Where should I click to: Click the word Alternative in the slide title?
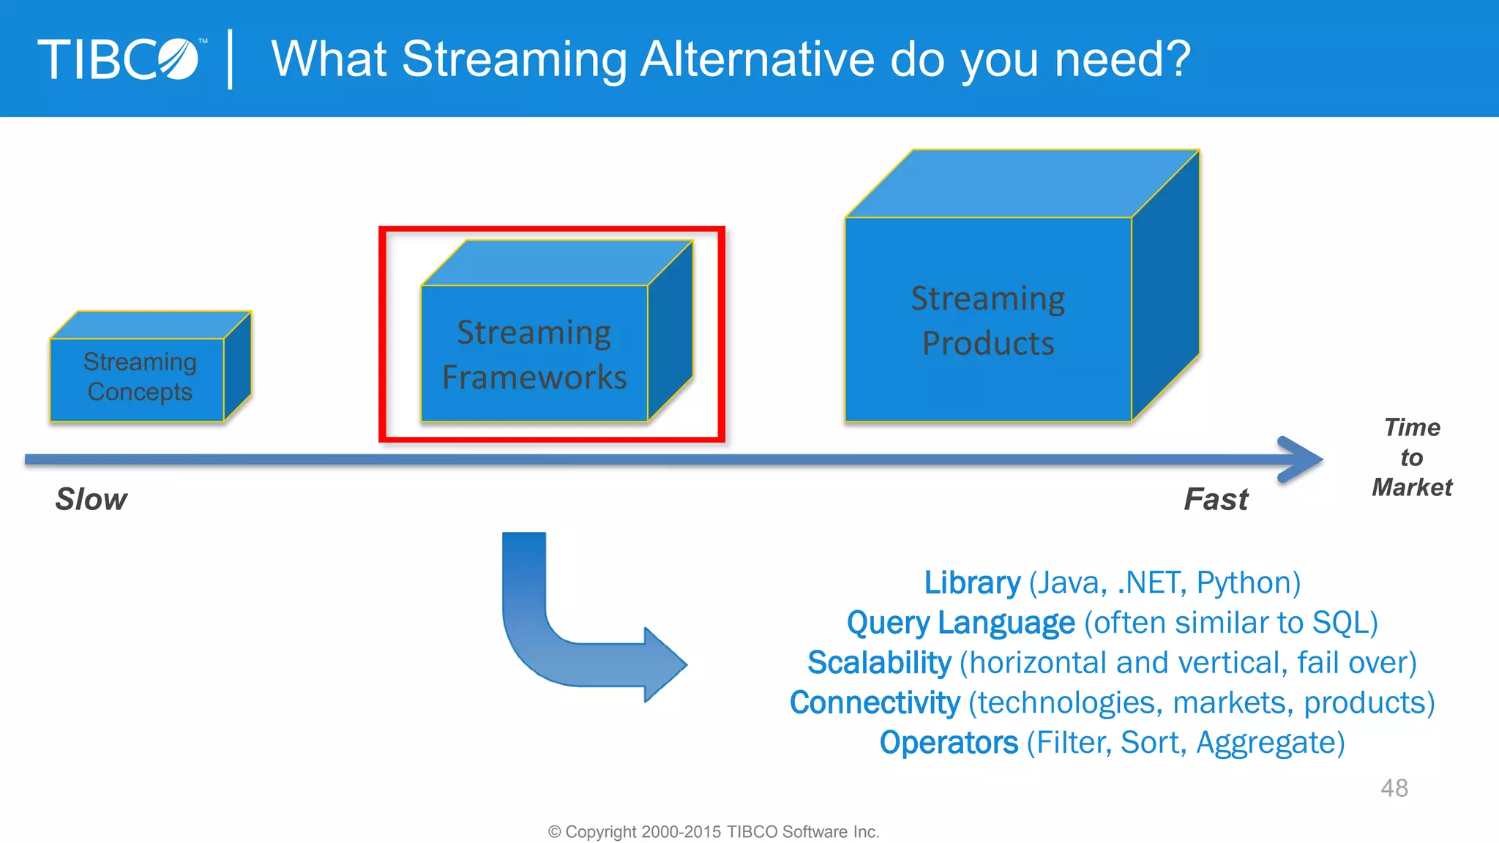pyautogui.click(x=757, y=59)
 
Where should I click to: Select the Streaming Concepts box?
pyautogui.click(x=139, y=377)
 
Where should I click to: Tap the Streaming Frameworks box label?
pyautogui.click(x=534, y=354)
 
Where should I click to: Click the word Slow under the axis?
pyautogui.click(x=91, y=499)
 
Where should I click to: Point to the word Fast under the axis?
pyautogui.click(x=1216, y=499)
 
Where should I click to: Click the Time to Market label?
pyautogui.click(x=1411, y=457)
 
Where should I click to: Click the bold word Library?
pyautogui.click(x=971, y=582)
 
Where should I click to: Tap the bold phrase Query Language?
pyautogui.click(x=960, y=623)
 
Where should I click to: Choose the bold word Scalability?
pyautogui.click(x=878, y=662)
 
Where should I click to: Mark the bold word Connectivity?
pyautogui.click(x=875, y=702)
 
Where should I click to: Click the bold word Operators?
pyautogui.click(x=949, y=743)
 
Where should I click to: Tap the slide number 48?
pyautogui.click(x=1394, y=788)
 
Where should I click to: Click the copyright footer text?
pyautogui.click(x=714, y=832)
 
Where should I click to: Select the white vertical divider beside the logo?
pyautogui.click(x=231, y=59)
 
